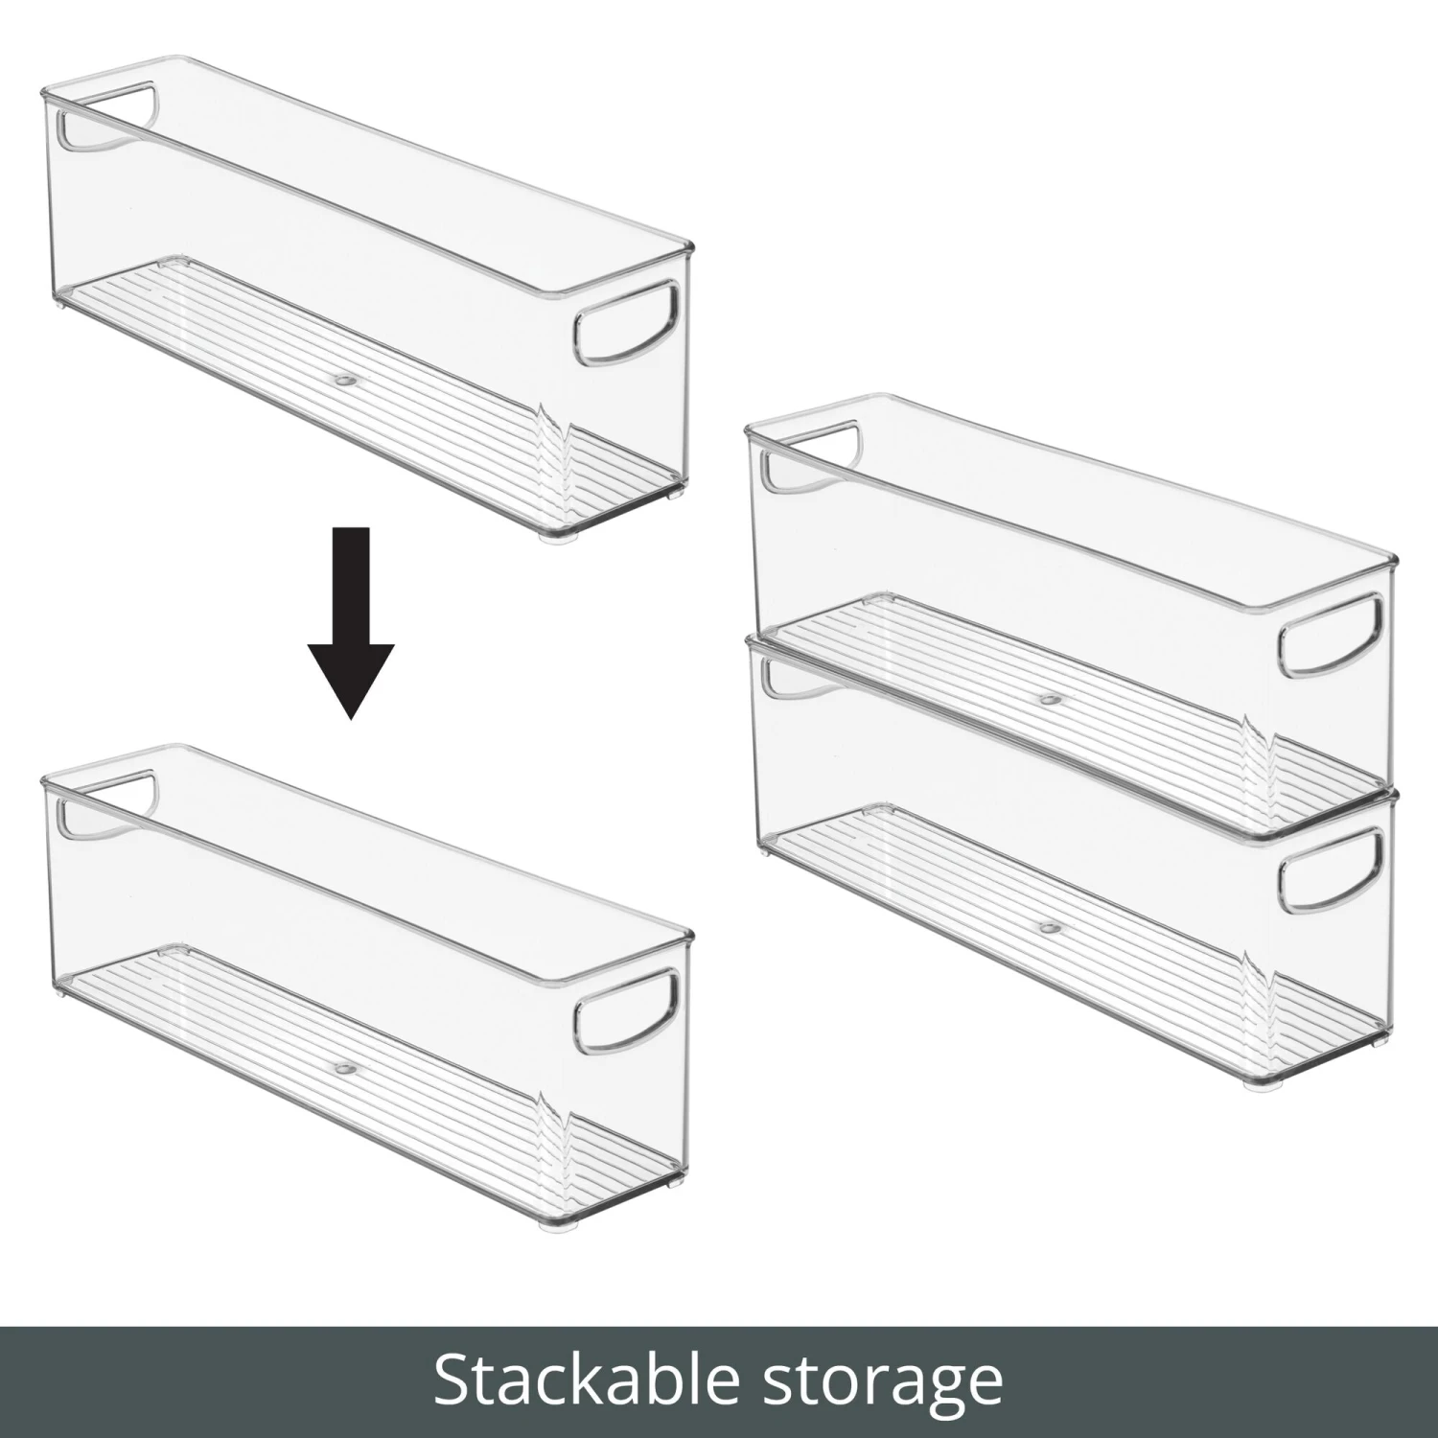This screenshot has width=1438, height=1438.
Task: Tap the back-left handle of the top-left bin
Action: [x=107, y=119]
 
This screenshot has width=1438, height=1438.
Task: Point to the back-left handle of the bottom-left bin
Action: [x=107, y=803]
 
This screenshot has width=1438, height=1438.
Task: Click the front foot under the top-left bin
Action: [x=553, y=541]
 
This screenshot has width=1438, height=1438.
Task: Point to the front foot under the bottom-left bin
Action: [x=553, y=1226]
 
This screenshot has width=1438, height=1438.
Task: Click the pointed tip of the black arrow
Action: [x=351, y=715]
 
